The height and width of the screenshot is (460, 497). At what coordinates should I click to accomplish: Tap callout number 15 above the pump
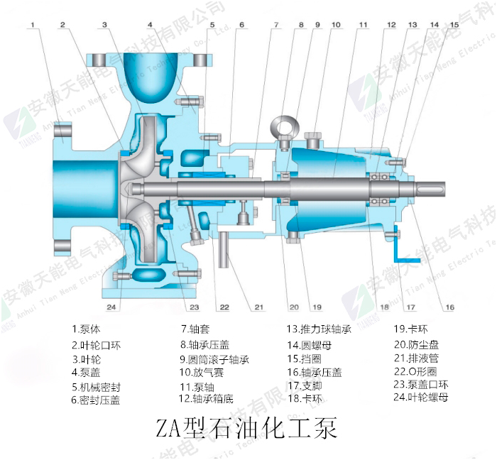[x=454, y=25]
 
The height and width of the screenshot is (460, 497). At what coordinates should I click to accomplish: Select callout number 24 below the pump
[x=111, y=307]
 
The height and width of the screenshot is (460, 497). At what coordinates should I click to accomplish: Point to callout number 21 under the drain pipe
[x=258, y=307]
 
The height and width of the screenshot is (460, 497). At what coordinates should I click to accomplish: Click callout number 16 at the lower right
[x=449, y=307]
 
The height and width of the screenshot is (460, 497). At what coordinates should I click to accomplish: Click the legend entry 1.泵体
[x=87, y=329]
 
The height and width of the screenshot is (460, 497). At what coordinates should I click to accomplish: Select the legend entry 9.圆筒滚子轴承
[x=214, y=359]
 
